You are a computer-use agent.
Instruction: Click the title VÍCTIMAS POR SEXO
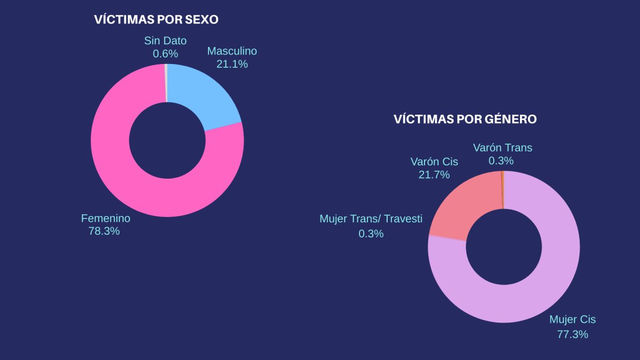point(156,20)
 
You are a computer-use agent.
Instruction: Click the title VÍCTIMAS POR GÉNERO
point(465,119)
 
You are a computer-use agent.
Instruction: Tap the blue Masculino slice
point(208,96)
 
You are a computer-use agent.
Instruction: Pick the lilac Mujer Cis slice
point(533,288)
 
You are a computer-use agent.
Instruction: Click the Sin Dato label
point(165,41)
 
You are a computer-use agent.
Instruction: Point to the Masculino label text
point(232,51)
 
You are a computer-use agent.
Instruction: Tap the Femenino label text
point(106,218)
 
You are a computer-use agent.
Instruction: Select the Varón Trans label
point(502,148)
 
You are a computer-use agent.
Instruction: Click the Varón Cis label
point(434,162)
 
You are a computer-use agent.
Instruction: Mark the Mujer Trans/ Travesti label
point(371,219)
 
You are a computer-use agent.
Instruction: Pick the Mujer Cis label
point(572,319)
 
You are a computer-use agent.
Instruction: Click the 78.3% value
point(104,231)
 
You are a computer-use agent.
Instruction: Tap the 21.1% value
point(232,64)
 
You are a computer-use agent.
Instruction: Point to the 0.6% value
point(165,53)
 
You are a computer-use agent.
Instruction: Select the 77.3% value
point(572,334)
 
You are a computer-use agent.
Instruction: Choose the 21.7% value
point(434,174)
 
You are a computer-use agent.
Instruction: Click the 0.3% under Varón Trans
point(501,161)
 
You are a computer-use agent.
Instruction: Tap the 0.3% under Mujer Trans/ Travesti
point(371,234)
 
